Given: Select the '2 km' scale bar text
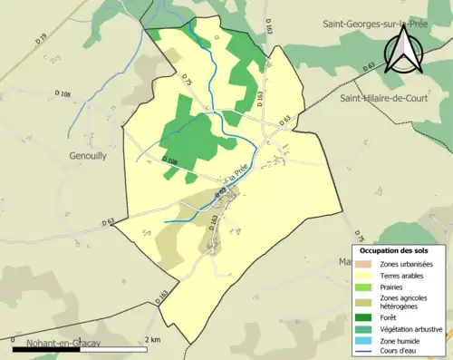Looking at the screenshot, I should (153, 340).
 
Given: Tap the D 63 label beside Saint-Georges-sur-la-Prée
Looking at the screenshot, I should (370, 68).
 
